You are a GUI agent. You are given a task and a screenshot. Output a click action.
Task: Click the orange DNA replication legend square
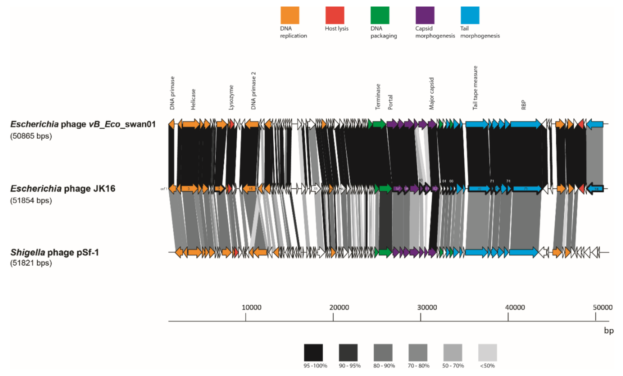pyautogui.click(x=290, y=15)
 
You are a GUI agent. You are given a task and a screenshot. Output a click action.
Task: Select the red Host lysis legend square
pyautogui.click(x=335, y=15)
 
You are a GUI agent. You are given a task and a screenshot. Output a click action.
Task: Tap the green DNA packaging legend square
pyautogui.click(x=380, y=15)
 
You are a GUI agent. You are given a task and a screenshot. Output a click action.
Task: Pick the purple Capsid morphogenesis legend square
pyautogui.click(x=425, y=15)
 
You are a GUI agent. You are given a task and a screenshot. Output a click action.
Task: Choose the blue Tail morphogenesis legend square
pyautogui.click(x=470, y=15)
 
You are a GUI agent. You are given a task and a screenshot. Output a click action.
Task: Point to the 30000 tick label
pyautogui.click(x=427, y=307)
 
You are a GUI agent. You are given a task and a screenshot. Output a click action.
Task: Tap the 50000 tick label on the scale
pyautogui.click(x=602, y=307)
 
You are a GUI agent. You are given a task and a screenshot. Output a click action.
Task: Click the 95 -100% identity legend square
pyautogui.click(x=313, y=352)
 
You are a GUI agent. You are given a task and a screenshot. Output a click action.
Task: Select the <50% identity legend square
pyautogui.click(x=487, y=352)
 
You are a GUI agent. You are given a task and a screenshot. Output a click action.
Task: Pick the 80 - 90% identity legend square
pyautogui.click(x=383, y=352)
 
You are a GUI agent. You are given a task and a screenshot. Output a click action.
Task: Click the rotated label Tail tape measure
pyautogui.click(x=475, y=88)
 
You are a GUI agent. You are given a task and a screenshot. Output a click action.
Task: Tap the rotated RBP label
pyautogui.click(x=523, y=105)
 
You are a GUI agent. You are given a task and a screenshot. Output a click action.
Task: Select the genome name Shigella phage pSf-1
pyautogui.click(x=54, y=252)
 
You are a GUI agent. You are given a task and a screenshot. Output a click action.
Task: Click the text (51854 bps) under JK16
pyautogui.click(x=31, y=200)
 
